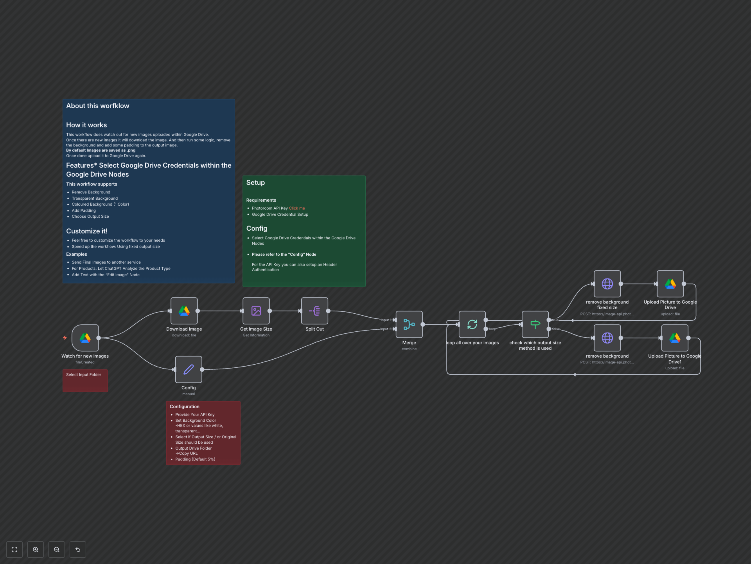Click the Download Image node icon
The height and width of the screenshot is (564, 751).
[x=184, y=311]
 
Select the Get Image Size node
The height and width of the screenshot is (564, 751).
[x=256, y=311]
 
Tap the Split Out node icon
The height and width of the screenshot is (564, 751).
[x=314, y=311]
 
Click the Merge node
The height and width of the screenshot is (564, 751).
[x=409, y=324]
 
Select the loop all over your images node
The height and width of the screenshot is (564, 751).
[x=472, y=324]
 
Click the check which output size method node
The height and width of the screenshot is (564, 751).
[x=535, y=324]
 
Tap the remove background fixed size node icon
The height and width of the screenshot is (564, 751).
[x=607, y=284]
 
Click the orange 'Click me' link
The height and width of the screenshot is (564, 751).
[x=297, y=208]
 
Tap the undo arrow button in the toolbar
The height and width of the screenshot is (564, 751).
[x=78, y=549]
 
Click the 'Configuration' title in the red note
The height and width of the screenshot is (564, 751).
[x=184, y=407]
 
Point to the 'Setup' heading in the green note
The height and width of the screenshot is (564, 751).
[x=255, y=183]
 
